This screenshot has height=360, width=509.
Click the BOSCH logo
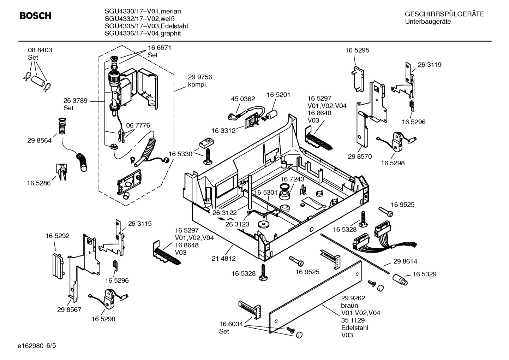tap(35, 16)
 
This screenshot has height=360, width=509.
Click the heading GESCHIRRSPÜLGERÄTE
tap(444, 14)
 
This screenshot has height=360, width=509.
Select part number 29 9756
tap(200, 77)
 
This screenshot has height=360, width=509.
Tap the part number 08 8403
tap(40, 50)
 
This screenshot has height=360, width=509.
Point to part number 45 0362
tap(243, 99)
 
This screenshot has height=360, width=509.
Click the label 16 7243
tap(292, 179)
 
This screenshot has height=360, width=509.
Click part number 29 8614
tap(405, 261)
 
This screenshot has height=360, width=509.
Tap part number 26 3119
tap(430, 65)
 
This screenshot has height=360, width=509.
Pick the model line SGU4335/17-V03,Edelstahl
tap(146, 26)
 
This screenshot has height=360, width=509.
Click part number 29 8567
tap(69, 309)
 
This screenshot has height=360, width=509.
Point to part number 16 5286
tap(39, 183)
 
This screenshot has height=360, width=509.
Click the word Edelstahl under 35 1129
tap(355, 327)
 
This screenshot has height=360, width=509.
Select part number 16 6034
tap(231, 324)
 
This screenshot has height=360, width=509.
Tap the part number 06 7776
tap(138, 125)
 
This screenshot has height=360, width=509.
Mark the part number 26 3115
tap(140, 224)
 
